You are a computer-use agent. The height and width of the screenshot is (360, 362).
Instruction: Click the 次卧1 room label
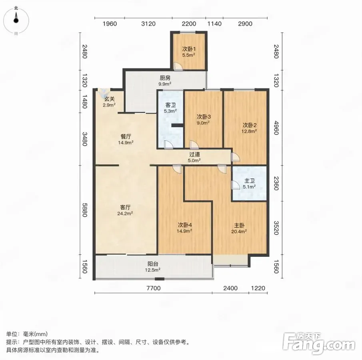189,49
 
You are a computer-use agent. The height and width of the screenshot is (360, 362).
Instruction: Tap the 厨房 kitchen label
165,78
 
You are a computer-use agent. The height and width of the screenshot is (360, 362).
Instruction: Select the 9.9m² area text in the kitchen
165,84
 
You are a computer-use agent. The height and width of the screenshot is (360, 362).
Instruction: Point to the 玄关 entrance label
110,99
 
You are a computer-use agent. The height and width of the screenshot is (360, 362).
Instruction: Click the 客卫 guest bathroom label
170,105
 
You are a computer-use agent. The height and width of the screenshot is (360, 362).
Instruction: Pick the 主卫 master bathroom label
249,181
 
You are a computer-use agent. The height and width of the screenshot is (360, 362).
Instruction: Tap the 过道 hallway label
194,154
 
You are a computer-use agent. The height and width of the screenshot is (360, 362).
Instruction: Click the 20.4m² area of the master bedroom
239,231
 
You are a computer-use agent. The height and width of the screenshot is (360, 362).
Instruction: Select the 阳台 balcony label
153,264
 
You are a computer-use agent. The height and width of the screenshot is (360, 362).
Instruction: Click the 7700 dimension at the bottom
154,288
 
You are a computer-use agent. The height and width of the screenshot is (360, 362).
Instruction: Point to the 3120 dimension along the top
148,24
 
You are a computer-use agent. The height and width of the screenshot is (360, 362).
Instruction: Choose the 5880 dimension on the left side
84,210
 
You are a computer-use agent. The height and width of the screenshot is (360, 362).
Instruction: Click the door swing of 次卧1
178,66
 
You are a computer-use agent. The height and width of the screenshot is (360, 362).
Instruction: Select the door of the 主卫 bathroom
236,185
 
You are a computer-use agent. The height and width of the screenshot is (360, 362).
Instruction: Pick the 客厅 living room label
125,207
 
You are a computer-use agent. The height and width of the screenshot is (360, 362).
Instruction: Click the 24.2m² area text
125,213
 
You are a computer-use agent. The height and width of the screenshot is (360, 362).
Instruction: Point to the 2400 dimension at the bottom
230,288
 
